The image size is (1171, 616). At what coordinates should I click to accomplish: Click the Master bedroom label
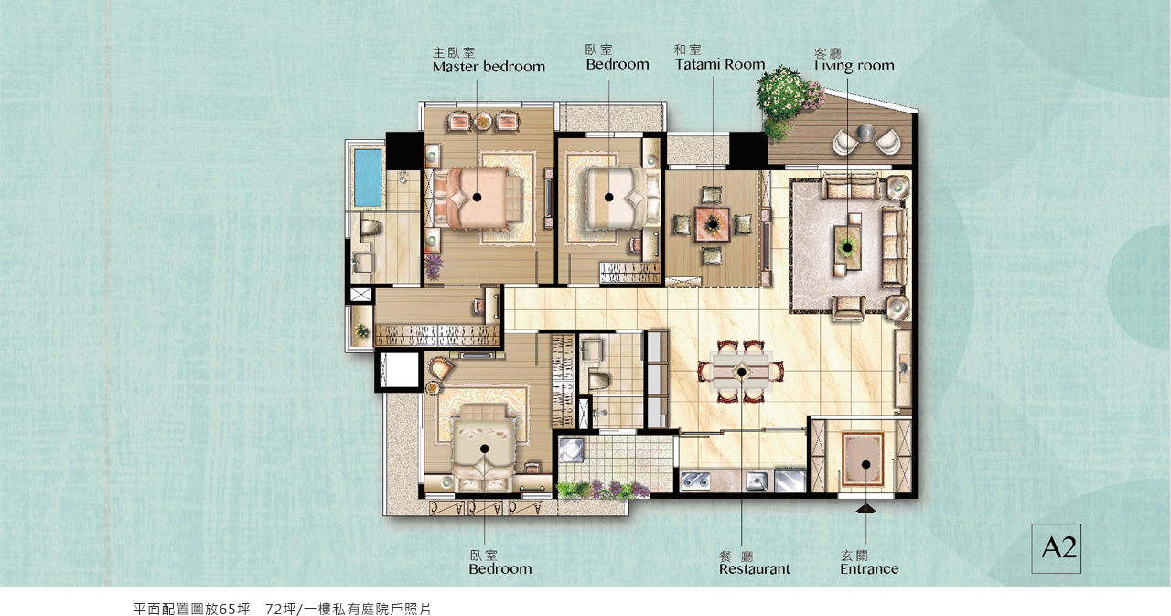tap(489, 67)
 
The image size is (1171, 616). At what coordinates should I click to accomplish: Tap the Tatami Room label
tap(720, 64)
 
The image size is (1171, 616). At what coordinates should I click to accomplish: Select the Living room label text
tap(854, 65)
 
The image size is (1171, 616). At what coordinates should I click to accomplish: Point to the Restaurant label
tap(755, 569)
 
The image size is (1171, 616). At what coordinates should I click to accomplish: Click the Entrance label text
tap(869, 569)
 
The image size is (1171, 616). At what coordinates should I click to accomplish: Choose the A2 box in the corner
tap(1056, 548)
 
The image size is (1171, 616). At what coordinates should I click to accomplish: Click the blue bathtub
tap(368, 178)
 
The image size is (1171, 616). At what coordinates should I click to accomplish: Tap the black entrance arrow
tap(866, 508)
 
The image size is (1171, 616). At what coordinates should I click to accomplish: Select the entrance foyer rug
tap(863, 460)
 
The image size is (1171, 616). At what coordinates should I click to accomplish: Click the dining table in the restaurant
tap(741, 373)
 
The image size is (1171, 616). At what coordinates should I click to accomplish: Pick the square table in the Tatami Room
tap(712, 224)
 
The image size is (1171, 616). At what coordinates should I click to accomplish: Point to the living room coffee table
tap(847, 247)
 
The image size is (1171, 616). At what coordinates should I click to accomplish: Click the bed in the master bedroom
tap(478, 198)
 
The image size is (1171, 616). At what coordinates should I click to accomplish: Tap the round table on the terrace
tap(865, 133)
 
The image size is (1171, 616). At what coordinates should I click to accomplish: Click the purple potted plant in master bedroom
tap(434, 267)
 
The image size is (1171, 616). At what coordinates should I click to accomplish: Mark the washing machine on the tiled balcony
tap(571, 449)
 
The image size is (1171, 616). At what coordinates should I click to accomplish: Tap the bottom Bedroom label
tap(500, 569)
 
